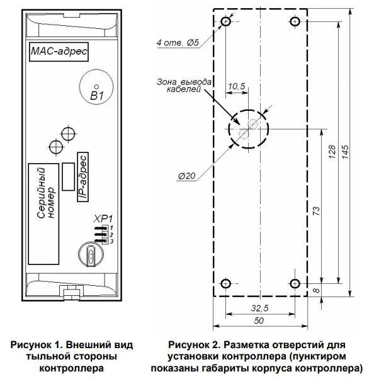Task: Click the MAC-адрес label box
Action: (59, 52)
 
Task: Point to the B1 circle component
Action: (96, 86)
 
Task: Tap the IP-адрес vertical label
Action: (82, 177)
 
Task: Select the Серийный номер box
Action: (43, 214)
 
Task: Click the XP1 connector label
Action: (103, 219)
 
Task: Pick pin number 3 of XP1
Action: (111, 242)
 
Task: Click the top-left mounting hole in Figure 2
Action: (226, 21)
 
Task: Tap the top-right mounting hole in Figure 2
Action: (295, 21)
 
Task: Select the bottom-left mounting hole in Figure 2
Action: (226, 283)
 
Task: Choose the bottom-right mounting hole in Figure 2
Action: (295, 283)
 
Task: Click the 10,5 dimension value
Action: (237, 86)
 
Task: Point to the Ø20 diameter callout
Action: (186, 176)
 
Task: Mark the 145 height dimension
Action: (346, 152)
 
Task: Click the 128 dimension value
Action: (332, 152)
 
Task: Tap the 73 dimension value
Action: (316, 211)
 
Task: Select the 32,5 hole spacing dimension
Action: (259, 308)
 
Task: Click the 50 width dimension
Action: (259, 320)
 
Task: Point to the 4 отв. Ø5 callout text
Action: (178, 43)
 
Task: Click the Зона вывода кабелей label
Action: (184, 86)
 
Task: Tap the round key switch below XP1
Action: (91, 254)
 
